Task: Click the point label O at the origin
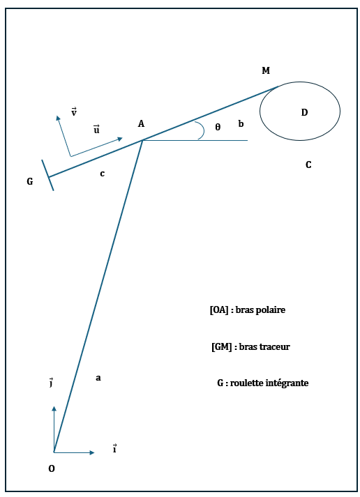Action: click(x=52, y=468)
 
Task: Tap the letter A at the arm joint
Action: click(x=141, y=123)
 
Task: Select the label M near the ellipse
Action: click(x=266, y=70)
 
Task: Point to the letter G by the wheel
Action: click(x=30, y=181)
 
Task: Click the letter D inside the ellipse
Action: click(x=304, y=112)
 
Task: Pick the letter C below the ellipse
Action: click(x=308, y=165)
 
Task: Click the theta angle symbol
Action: click(x=218, y=127)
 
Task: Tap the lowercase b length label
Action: click(x=241, y=123)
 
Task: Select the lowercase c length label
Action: click(x=102, y=174)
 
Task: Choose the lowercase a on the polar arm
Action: click(x=98, y=378)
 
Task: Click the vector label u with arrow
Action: click(x=96, y=130)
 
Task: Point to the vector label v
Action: click(x=74, y=112)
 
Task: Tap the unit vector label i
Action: click(x=114, y=449)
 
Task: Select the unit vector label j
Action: click(x=51, y=382)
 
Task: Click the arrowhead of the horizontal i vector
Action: click(x=92, y=452)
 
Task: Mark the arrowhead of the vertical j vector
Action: click(x=54, y=408)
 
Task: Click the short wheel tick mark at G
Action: click(x=47, y=175)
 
